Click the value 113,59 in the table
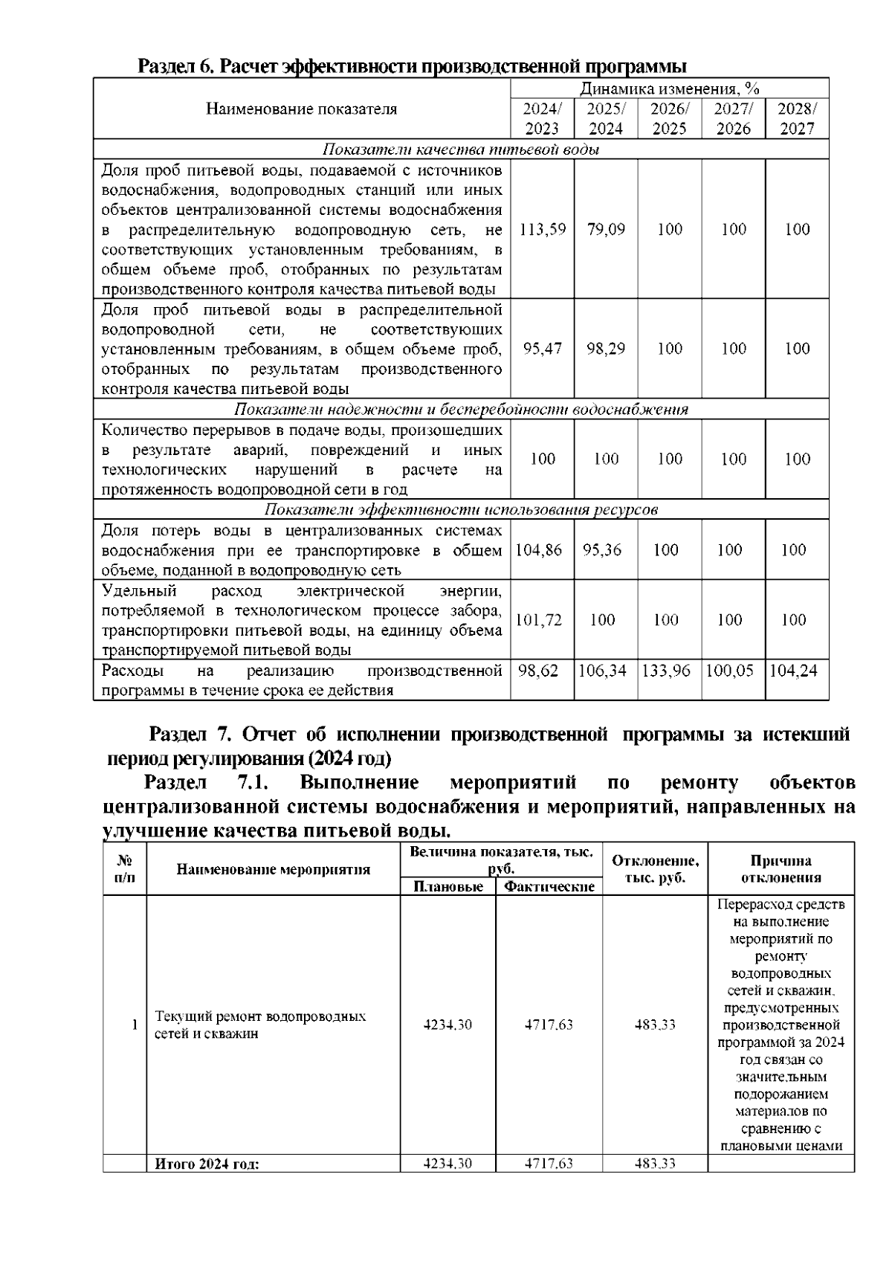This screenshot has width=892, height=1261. pos(542,229)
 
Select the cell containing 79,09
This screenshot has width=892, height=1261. pos(606,229)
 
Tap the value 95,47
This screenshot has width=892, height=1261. pos(542,348)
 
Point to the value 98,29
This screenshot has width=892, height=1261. pos(606,348)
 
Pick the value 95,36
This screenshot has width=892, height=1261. pos(602,549)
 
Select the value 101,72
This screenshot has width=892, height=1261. pos(539,619)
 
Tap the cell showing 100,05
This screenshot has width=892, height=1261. pos(729,671)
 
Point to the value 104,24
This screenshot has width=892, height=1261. pos(793,671)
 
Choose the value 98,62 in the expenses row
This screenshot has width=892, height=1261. pos(539,671)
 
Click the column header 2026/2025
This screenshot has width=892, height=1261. pos(669,118)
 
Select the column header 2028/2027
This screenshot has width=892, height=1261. pos(797,118)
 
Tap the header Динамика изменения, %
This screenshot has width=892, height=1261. pos(669,89)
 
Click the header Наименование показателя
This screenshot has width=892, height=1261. pos(301,109)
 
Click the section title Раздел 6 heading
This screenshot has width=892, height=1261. pos(413,66)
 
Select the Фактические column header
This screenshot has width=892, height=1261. pos(549,886)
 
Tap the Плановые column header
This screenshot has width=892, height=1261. pos(447,886)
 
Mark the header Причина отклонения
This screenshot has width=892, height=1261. pos(780,868)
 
